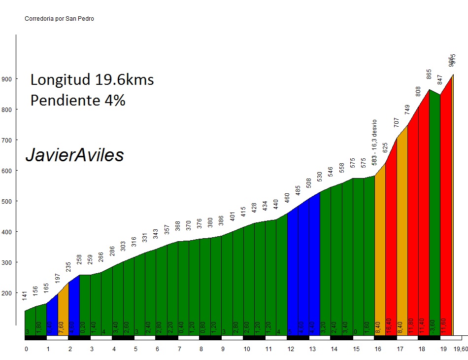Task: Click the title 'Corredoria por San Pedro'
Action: [x=59, y=19]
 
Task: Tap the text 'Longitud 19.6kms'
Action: [x=92, y=79]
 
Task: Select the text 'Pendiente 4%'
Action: [x=78, y=100]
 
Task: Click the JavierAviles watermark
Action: [x=74, y=155]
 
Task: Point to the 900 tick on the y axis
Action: [x=7, y=79]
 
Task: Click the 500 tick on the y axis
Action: [x=7, y=201]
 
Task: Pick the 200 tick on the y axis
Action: [x=7, y=293]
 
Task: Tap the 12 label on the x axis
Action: [x=290, y=349]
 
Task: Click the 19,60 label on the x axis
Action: [x=461, y=349]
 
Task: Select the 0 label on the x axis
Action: [x=26, y=349]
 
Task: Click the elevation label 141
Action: [x=25, y=296]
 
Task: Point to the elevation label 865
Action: [x=429, y=74]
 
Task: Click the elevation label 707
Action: [x=397, y=122]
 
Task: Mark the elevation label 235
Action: [x=68, y=267]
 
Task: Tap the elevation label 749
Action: [x=407, y=109]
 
